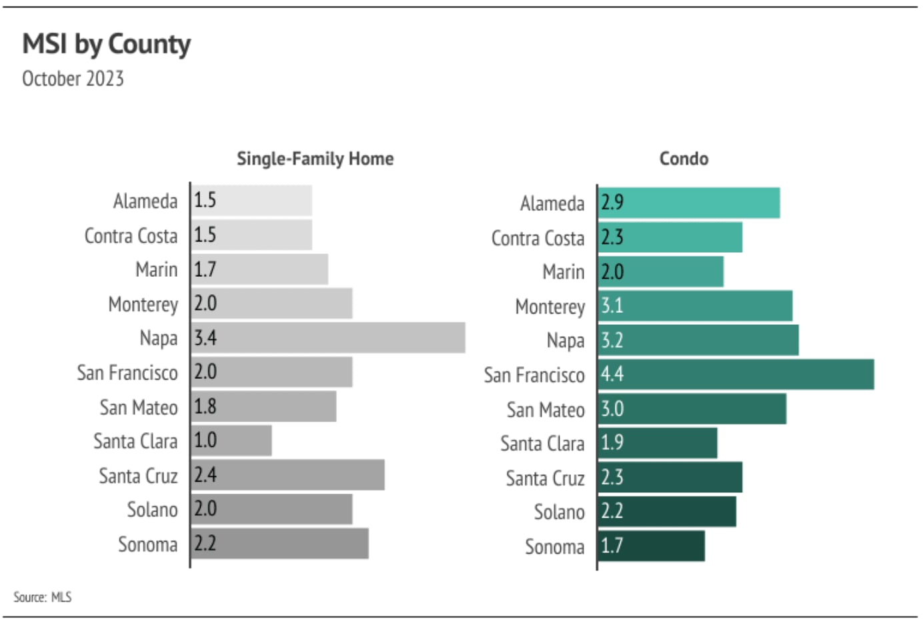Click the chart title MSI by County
(107, 44)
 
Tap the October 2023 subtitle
(73, 79)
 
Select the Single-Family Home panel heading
(315, 159)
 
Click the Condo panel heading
(684, 159)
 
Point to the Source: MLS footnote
(43, 597)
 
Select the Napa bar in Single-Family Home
(328, 338)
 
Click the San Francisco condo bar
(736, 374)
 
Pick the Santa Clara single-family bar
(231, 440)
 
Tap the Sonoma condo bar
(651, 546)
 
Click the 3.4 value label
(205, 338)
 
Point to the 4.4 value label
(612, 374)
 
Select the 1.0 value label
(205, 440)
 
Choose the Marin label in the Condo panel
(563, 272)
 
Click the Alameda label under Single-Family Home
(145, 201)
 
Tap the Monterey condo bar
(695, 305)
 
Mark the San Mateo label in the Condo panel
(545, 410)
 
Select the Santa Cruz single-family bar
(287, 475)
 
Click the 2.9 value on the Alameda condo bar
(612, 202)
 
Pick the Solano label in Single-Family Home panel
(152, 510)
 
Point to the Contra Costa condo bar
(670, 237)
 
